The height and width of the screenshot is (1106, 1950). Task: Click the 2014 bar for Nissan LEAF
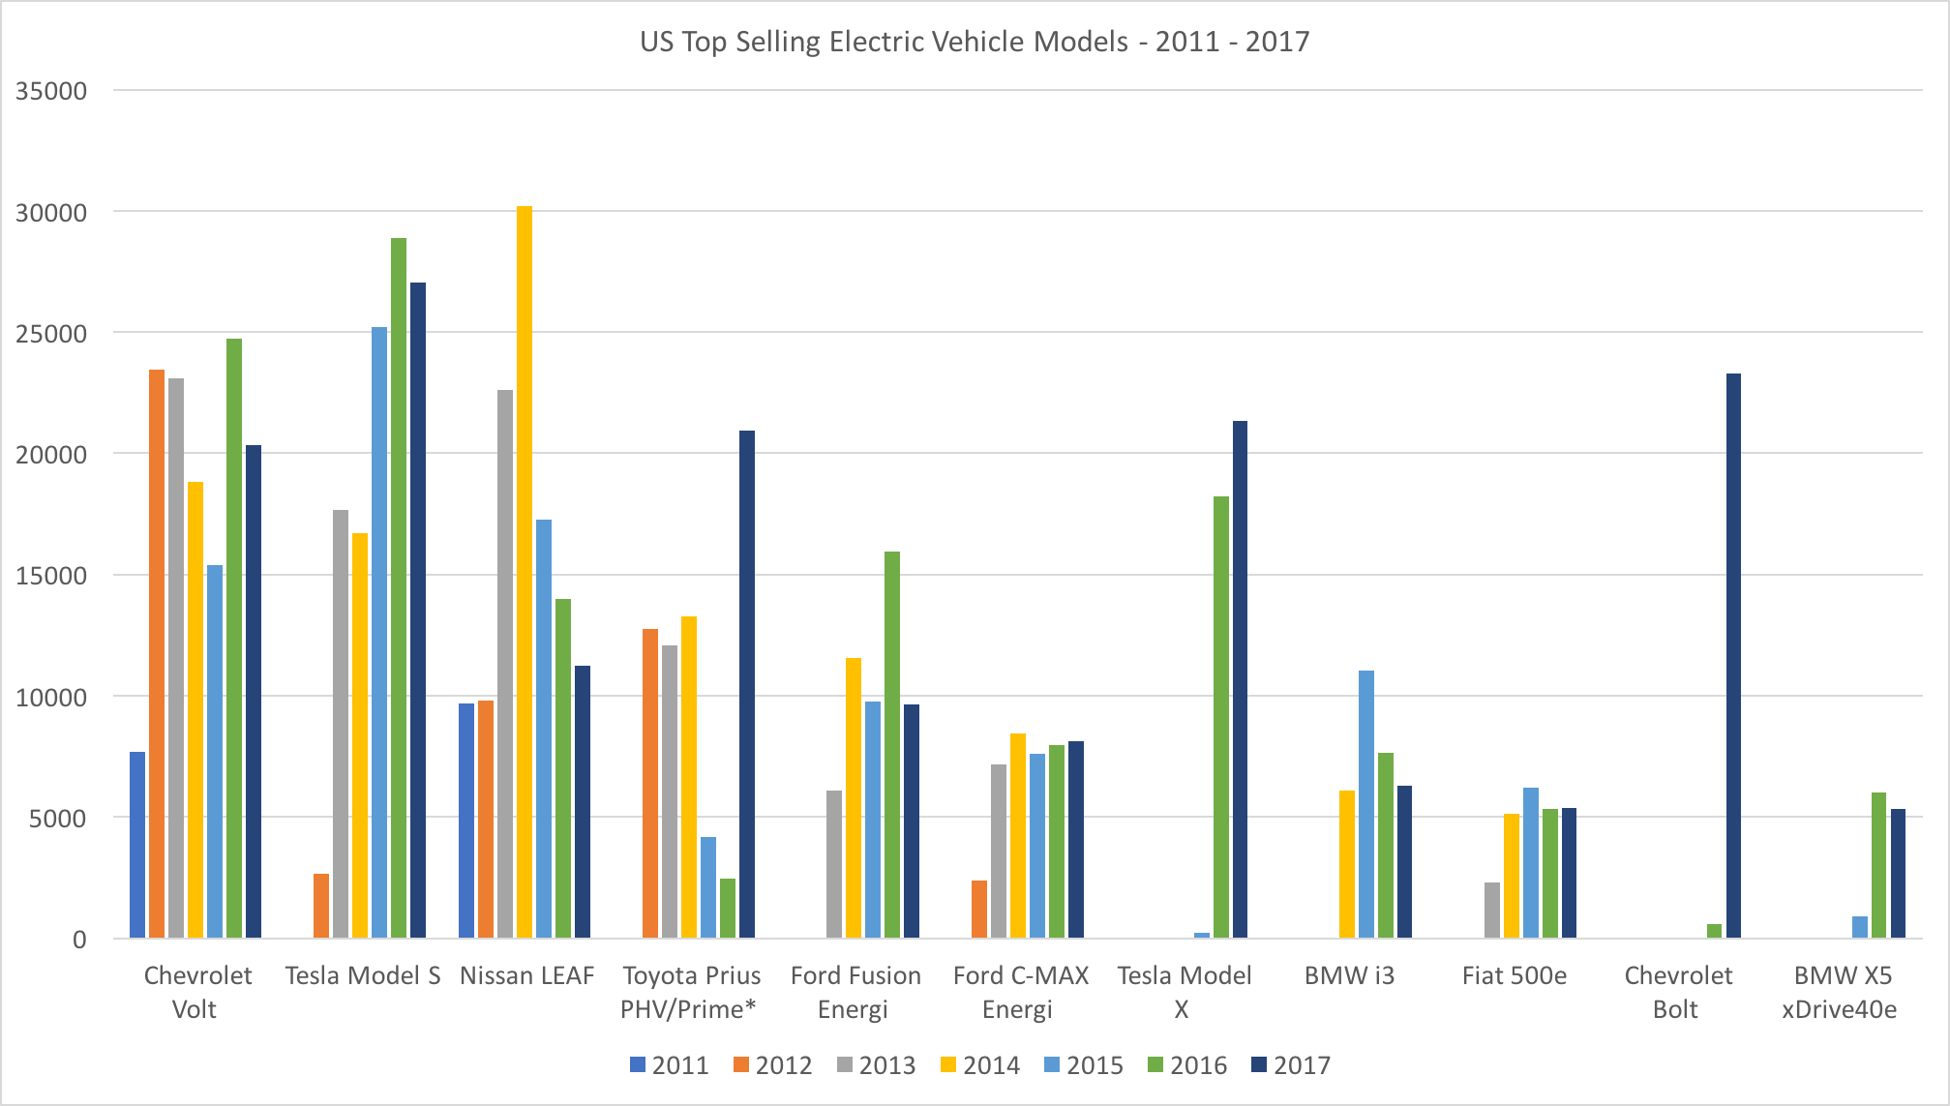524,571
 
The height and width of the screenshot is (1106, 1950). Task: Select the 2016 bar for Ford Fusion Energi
892,744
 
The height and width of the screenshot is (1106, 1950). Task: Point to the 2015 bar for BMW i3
1366,803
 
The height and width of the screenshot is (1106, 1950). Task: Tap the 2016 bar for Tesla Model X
1221,716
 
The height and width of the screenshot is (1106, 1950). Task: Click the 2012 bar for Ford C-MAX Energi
979,909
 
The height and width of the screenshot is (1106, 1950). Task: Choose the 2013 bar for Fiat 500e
1492,910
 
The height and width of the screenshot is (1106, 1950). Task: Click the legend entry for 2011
669,1065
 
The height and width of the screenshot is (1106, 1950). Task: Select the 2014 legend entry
979,1065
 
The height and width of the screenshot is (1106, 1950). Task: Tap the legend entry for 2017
1290,1065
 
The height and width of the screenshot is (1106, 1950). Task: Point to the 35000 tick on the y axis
51,91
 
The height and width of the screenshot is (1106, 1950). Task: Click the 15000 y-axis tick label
51,576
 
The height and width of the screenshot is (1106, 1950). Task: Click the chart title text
975,42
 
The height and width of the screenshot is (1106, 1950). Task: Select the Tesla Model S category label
362,975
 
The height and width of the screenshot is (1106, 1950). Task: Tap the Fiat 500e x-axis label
1514,975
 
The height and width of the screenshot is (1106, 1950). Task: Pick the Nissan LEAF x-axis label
526,975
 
